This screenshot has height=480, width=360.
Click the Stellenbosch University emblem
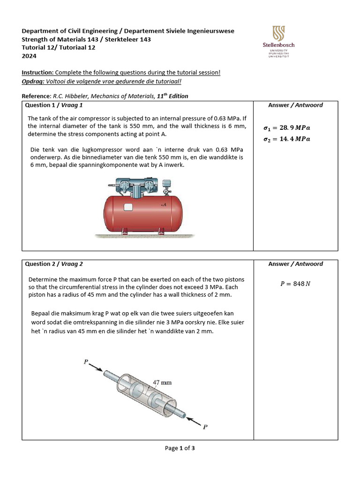(278, 33)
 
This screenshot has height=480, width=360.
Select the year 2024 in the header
(29, 56)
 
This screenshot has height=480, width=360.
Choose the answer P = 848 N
(295, 284)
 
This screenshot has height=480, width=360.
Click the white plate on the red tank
(128, 207)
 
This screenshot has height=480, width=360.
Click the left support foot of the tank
(124, 232)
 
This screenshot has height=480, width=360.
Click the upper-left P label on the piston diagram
(86, 361)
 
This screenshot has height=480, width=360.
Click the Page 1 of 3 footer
(180, 448)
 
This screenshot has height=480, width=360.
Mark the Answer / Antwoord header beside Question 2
(295, 264)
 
